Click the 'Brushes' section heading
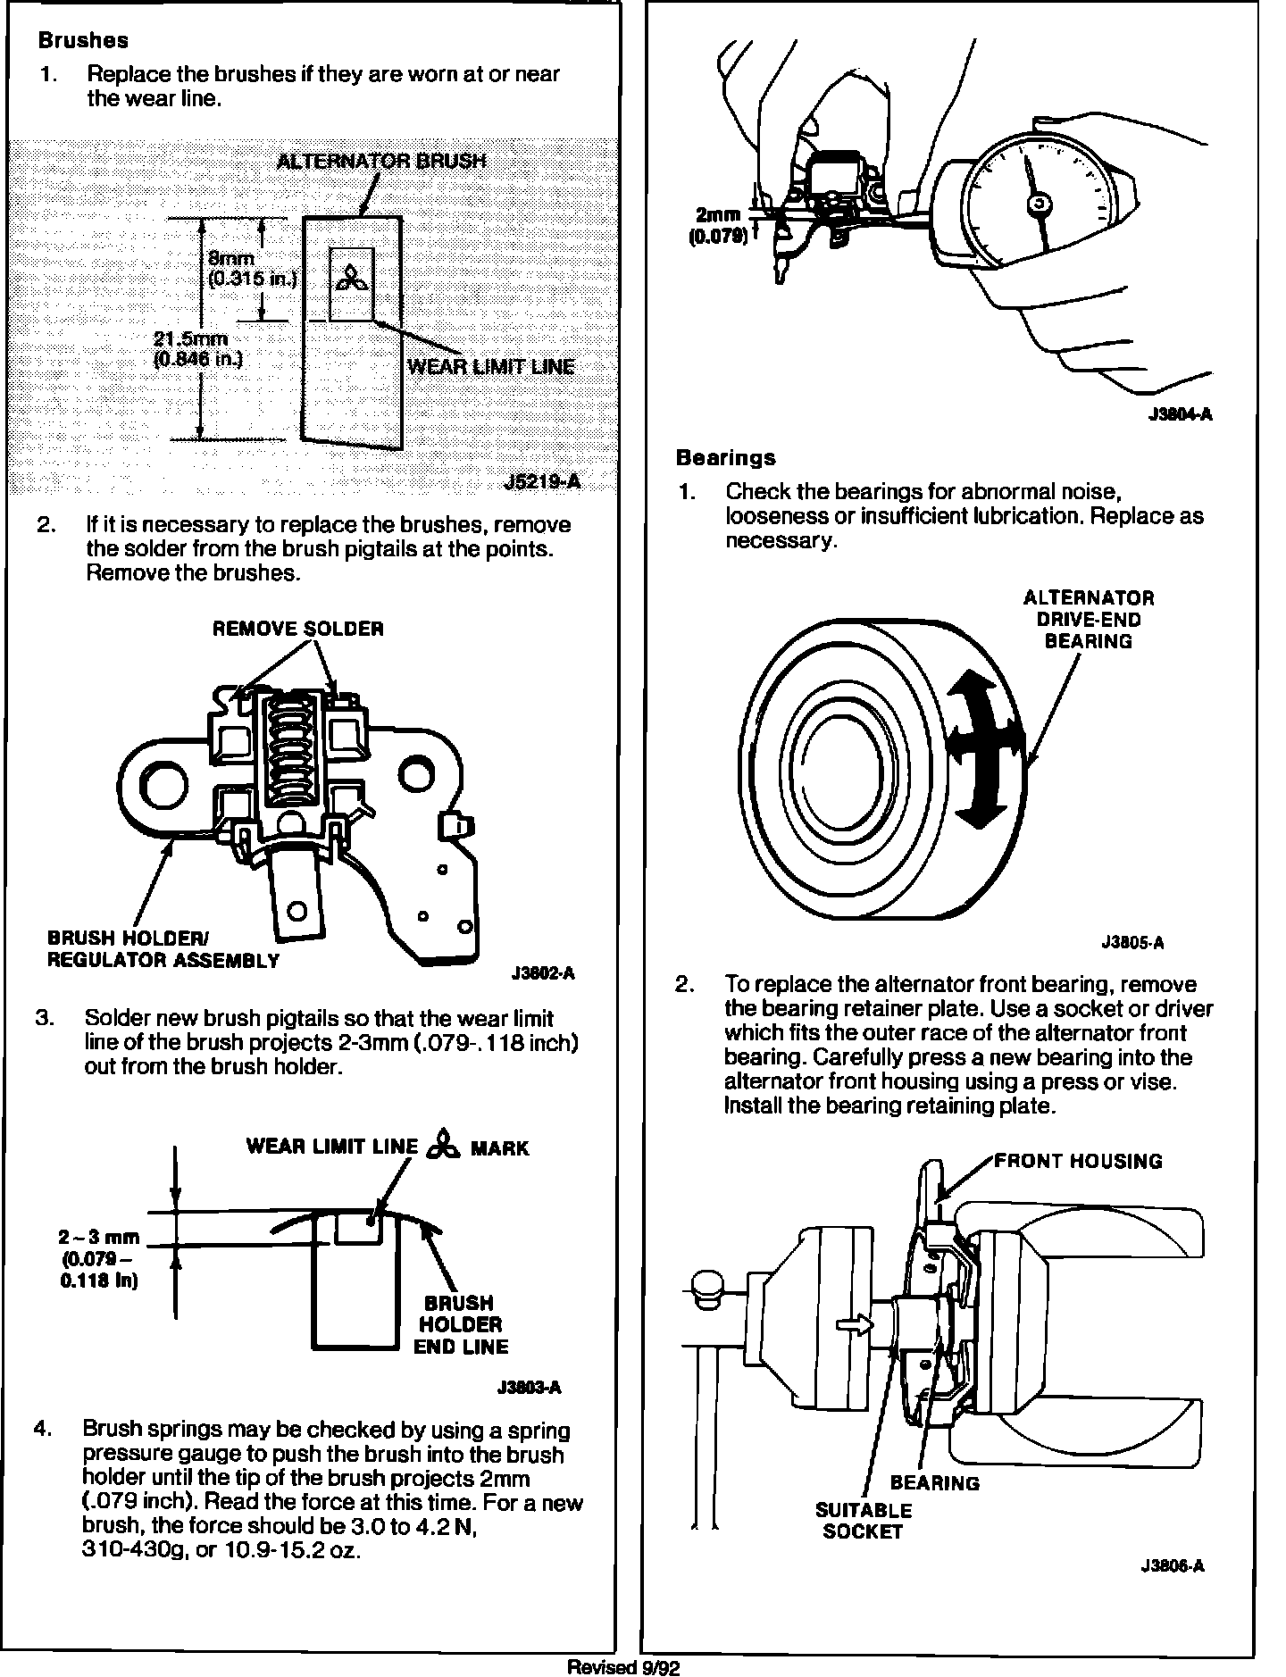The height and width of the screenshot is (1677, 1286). click(x=83, y=41)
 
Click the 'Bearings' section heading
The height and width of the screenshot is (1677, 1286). click(x=725, y=458)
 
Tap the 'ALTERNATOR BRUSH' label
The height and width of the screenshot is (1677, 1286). click(x=381, y=161)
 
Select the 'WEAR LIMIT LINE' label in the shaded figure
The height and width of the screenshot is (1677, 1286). click(x=490, y=366)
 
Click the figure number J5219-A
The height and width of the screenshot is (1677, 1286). click(x=542, y=482)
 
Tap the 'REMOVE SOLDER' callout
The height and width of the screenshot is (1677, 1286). click(x=297, y=629)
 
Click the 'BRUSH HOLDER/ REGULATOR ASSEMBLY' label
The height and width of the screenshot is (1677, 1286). click(x=163, y=949)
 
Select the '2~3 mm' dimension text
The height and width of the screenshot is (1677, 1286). click(x=99, y=1238)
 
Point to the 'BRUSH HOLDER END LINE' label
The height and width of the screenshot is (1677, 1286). click(x=461, y=1324)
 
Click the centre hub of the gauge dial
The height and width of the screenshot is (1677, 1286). click(x=1038, y=205)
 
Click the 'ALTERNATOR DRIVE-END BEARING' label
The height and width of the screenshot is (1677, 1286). click(x=1088, y=619)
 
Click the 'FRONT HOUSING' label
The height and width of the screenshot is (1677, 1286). click(x=1078, y=1161)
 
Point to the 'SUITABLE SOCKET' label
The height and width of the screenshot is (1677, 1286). click(x=864, y=1521)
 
